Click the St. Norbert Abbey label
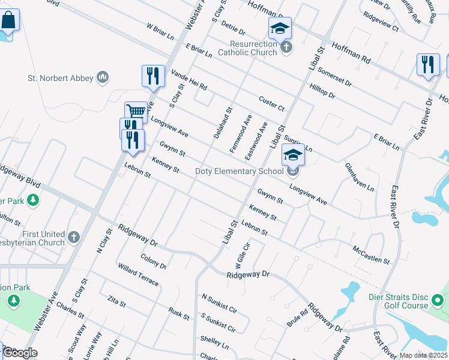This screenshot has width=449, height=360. (x=61, y=78)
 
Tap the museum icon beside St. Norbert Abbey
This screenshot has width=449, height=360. (x=103, y=77)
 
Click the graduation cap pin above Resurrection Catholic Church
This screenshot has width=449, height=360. (x=280, y=28)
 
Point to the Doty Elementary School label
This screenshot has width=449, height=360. (x=239, y=172)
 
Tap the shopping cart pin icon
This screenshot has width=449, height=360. (x=136, y=112)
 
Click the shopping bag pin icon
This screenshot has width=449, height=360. (x=8, y=20)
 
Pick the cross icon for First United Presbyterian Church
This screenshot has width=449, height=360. (x=73, y=237)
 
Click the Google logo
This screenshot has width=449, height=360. (x=19, y=353)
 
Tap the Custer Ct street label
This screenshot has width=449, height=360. (x=271, y=103)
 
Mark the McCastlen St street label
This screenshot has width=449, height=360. (x=371, y=255)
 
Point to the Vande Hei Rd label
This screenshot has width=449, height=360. (x=188, y=80)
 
